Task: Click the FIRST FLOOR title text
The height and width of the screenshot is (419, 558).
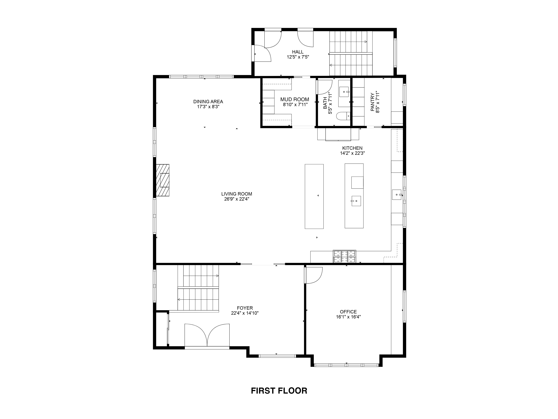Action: click(x=279, y=391)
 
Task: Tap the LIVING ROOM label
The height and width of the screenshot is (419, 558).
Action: click(x=237, y=194)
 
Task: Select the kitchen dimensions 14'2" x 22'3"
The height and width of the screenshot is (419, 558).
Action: click(x=352, y=153)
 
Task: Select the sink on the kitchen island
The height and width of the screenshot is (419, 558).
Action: click(x=356, y=201)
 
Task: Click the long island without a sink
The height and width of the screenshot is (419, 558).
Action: click(x=314, y=197)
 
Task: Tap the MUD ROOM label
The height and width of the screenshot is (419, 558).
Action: click(x=295, y=99)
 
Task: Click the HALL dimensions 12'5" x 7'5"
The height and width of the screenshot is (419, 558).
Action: click(x=298, y=57)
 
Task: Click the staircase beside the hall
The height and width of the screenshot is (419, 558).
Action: click(x=351, y=53)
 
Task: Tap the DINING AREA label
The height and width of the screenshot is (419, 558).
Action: click(x=208, y=102)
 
